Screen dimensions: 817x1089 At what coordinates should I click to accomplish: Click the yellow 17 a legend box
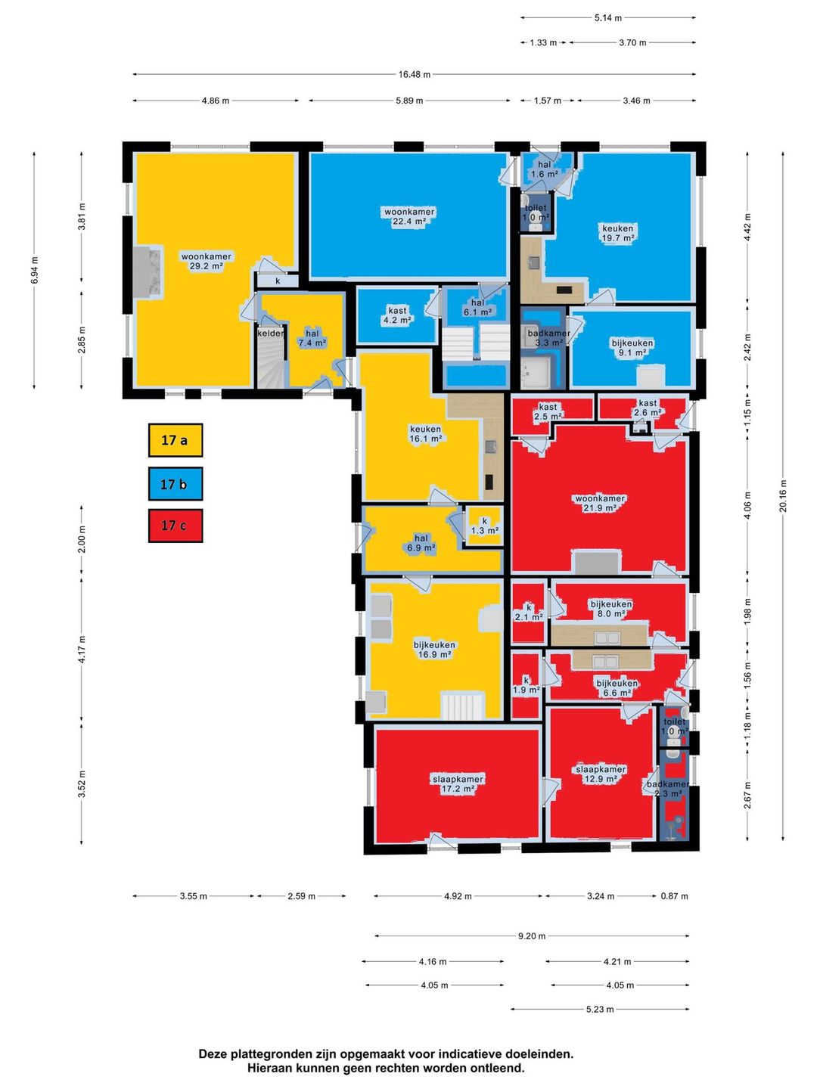coord(175,439)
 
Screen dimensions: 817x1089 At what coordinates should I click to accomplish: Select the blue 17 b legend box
coord(175,483)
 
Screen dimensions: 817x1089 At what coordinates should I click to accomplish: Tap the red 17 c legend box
coord(175,526)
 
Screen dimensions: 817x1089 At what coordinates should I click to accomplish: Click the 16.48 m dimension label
coord(415,74)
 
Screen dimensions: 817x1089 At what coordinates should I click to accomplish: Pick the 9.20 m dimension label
coord(531,936)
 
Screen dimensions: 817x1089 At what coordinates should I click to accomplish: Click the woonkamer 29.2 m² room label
coord(206,262)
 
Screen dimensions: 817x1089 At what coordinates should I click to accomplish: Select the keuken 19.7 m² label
coord(617,233)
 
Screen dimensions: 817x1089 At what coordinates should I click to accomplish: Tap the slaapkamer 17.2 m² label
coord(458,784)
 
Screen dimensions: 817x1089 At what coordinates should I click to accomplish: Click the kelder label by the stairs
coord(270,334)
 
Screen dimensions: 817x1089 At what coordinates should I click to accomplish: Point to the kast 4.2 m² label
coord(397,315)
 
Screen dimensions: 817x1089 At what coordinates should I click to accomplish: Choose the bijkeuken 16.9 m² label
coord(434,650)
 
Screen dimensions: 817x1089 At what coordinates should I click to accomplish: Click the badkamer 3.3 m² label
coord(548,337)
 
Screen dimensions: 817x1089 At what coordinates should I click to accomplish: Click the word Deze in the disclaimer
coord(213,1054)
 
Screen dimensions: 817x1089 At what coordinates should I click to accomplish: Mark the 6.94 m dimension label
coord(34,271)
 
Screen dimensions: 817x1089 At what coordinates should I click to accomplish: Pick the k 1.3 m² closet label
coord(485,526)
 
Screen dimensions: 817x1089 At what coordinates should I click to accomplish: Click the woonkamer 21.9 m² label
coord(600,503)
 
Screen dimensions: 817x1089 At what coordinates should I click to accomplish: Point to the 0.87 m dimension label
coord(674,896)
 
